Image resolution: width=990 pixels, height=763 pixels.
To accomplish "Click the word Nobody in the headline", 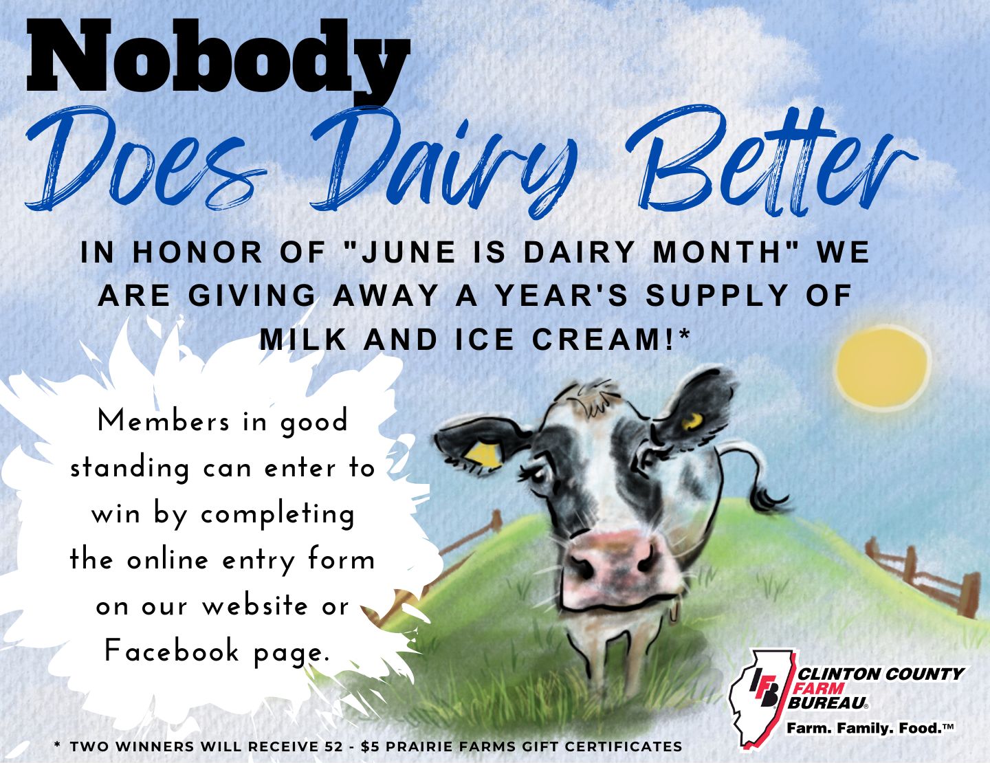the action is click(218, 59).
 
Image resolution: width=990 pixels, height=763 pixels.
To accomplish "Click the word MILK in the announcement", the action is click(303, 340).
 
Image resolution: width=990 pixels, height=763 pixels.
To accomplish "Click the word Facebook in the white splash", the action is click(172, 650).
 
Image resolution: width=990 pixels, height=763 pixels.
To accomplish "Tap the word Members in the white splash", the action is click(164, 421).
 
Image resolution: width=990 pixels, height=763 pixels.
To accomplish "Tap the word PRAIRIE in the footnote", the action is click(418, 747).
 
